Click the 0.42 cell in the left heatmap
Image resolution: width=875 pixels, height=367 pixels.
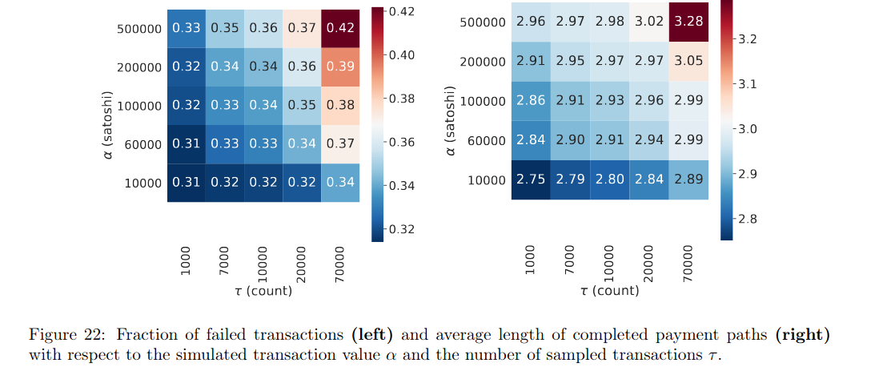(x=340, y=28)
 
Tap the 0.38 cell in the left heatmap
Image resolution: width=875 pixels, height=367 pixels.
(x=340, y=106)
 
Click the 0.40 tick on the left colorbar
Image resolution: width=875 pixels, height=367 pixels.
(x=401, y=55)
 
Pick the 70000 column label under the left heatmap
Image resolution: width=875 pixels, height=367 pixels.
(x=340, y=262)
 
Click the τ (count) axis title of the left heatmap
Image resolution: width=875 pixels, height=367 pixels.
(x=263, y=291)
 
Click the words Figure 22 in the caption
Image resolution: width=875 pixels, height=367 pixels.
(x=56, y=334)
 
